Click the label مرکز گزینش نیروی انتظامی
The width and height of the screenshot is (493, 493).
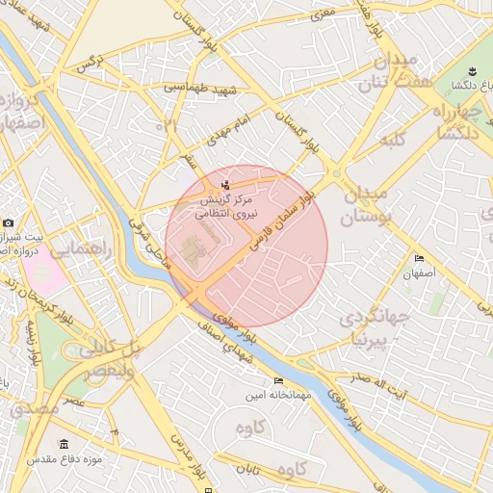[225, 206]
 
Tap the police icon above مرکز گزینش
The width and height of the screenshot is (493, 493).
[225, 184]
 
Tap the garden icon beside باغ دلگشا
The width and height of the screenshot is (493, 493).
[473, 72]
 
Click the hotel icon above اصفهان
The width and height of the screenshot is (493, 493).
[419, 259]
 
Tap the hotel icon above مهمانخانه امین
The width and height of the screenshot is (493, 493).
[278, 380]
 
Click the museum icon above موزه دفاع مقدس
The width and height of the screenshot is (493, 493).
[64, 444]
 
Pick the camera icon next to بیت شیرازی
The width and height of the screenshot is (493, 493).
[9, 223]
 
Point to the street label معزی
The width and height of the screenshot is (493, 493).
[322, 13]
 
